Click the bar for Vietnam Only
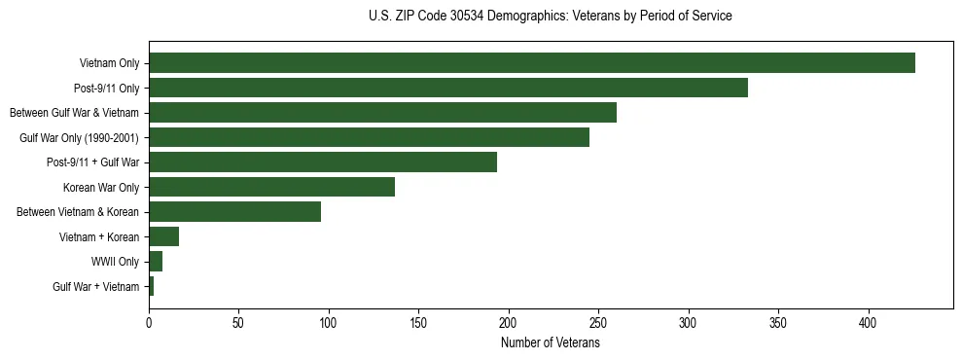pyautogui.click(x=532, y=63)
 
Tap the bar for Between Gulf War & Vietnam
pyautogui.click(x=382, y=113)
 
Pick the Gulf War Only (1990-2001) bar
pyautogui.click(x=369, y=137)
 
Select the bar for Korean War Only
pyautogui.click(x=271, y=187)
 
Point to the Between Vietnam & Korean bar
pyautogui.click(x=234, y=212)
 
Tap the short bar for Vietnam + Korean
pyautogui.click(x=163, y=236)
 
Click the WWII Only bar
pyautogui.click(x=156, y=262)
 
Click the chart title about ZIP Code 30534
pyautogui.click(x=551, y=17)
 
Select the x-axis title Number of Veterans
pyautogui.click(x=551, y=342)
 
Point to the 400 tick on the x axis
pyautogui.click(x=869, y=322)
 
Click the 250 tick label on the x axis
pyautogui.click(x=598, y=322)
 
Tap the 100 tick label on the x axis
pyautogui.click(x=329, y=322)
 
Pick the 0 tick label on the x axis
pyautogui.click(x=149, y=322)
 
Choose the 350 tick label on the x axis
pyautogui.click(x=778, y=322)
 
